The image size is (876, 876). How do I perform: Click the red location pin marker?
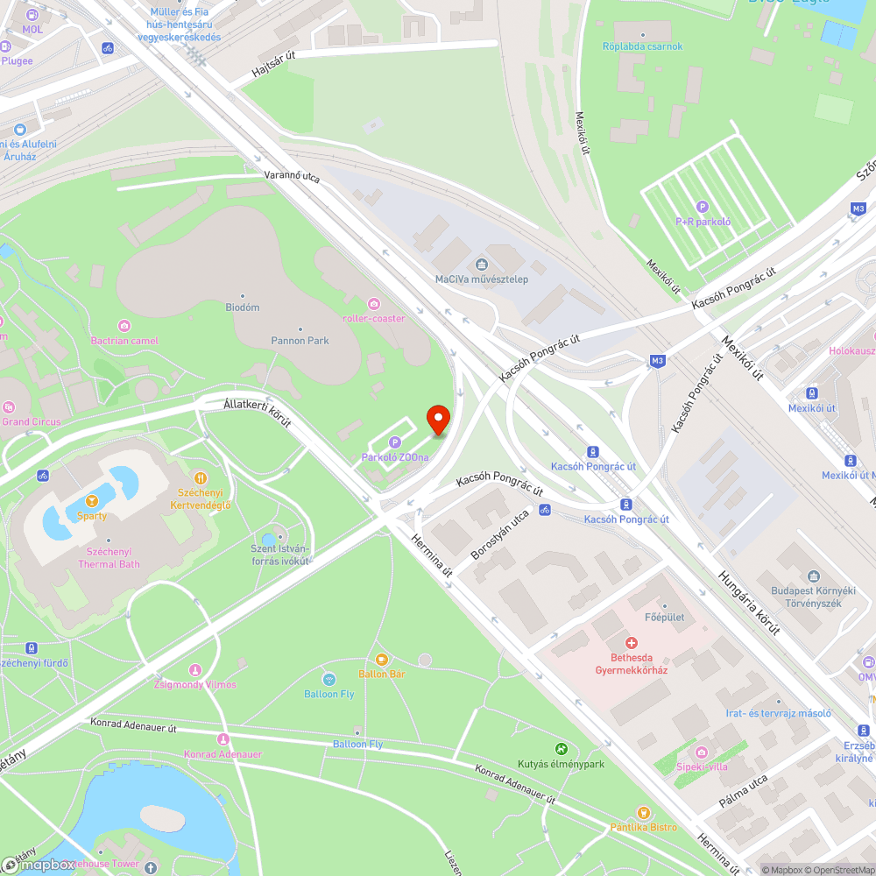[x=438, y=420]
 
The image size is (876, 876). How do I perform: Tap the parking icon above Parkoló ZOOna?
[x=394, y=442]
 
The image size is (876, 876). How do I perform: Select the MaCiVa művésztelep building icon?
[x=481, y=264]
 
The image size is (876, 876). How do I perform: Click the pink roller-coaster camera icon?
[x=374, y=303]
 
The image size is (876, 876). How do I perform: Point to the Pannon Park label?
[x=300, y=340]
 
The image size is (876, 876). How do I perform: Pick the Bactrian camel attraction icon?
[x=124, y=325]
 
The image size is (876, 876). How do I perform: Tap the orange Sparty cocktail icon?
[x=91, y=501]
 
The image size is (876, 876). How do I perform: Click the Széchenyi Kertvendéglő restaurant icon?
[x=201, y=478]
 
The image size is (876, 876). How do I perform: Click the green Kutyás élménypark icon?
[x=561, y=749]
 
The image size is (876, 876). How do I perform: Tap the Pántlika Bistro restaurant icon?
[x=644, y=813]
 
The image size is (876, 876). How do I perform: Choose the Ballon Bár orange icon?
[x=381, y=659]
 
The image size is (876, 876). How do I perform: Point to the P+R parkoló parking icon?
[x=703, y=207]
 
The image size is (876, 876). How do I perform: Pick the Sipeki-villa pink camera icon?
[x=701, y=752]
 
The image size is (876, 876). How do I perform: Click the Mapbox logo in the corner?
[x=39, y=865]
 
